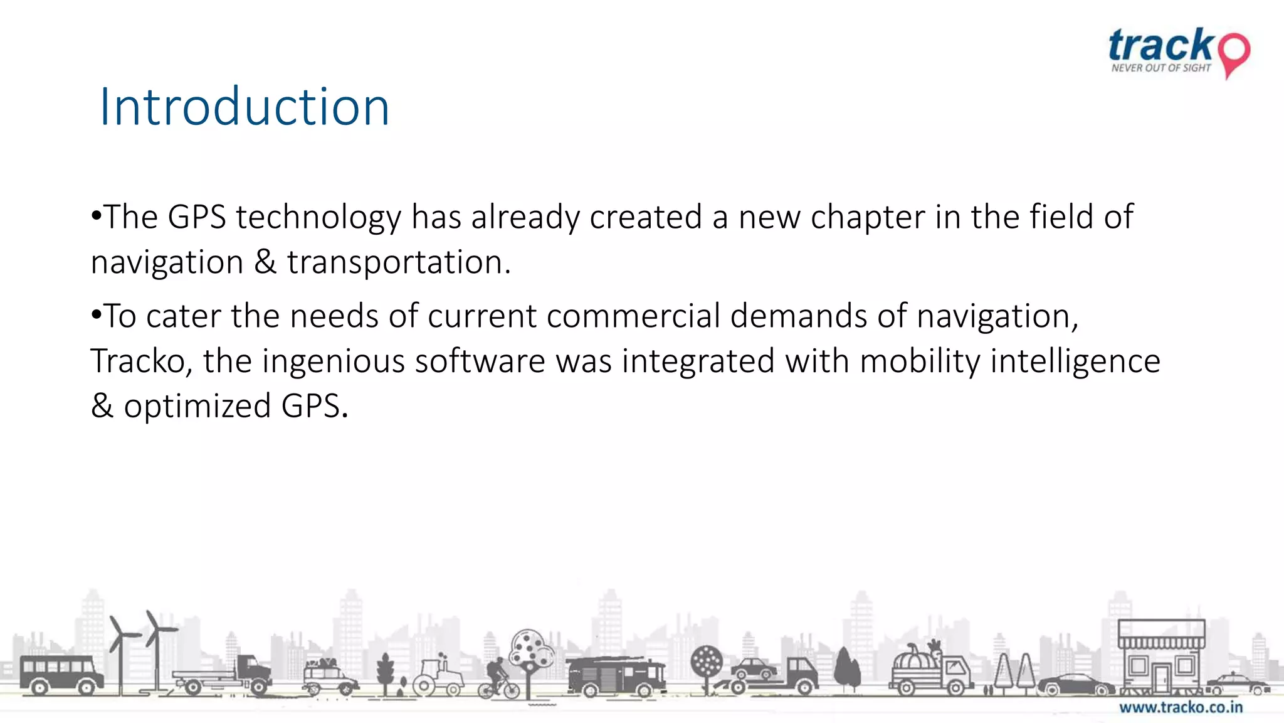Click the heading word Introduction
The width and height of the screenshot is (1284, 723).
click(x=245, y=107)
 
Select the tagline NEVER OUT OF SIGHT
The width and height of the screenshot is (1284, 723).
click(x=1160, y=68)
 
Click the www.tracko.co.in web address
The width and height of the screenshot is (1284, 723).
click(x=1181, y=707)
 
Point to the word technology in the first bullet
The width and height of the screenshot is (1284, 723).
click(x=318, y=218)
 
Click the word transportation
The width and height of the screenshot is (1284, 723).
click(x=399, y=262)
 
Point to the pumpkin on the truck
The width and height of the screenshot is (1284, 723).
click(x=915, y=660)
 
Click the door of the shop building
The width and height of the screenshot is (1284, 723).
click(x=1161, y=677)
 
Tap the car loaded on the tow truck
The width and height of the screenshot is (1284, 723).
click(x=754, y=668)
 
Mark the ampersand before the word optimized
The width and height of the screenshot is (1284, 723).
click(x=102, y=407)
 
